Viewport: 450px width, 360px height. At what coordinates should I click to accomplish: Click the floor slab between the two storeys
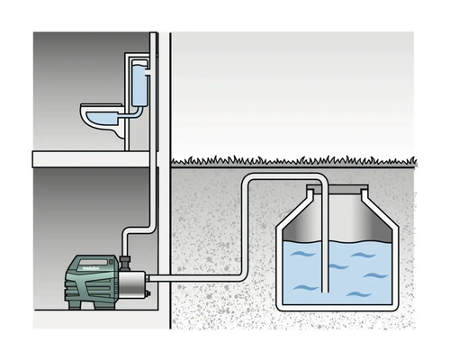pyautogui.click(x=90, y=159)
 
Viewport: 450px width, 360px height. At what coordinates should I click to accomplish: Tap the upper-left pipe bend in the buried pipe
pyautogui.click(x=247, y=184)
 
